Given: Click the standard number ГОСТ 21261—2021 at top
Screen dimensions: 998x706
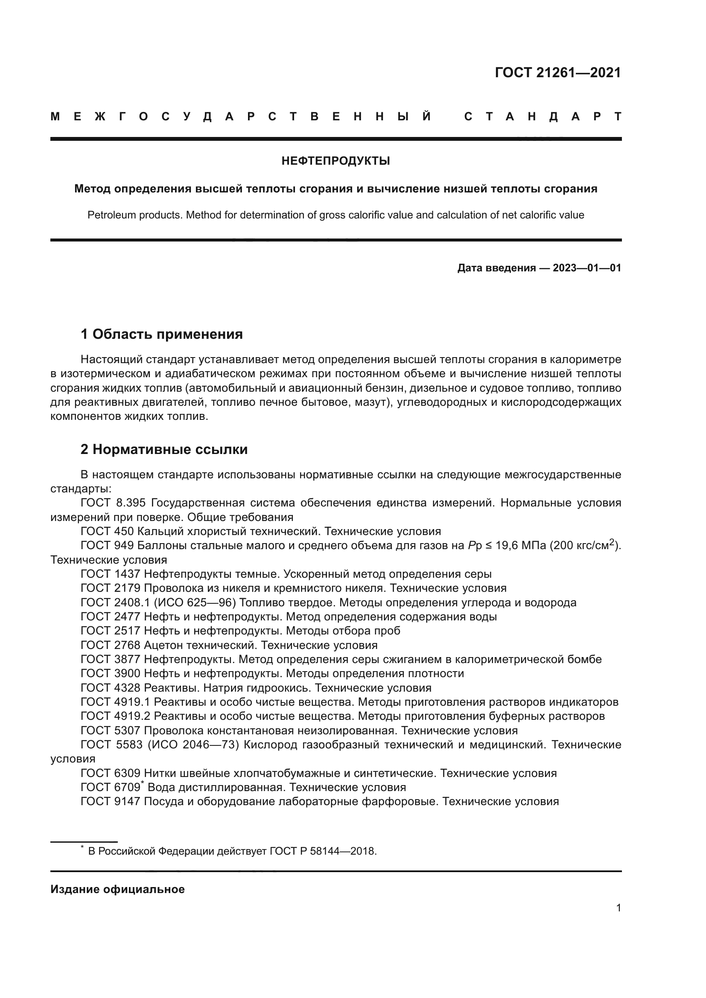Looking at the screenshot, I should pyautogui.click(x=558, y=73).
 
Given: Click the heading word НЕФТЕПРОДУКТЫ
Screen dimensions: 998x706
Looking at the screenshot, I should pyautogui.click(x=335, y=161).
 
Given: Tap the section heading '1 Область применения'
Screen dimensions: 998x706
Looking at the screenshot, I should pyautogui.click(x=162, y=334).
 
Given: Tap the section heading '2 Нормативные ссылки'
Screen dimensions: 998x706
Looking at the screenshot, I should pyautogui.click(x=164, y=449).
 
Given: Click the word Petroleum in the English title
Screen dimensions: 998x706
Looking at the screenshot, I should pyautogui.click(x=113, y=215).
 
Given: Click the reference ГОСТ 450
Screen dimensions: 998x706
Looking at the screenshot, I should pyautogui.click(x=108, y=531).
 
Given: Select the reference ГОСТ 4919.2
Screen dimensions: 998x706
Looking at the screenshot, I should pyautogui.click(x=116, y=716).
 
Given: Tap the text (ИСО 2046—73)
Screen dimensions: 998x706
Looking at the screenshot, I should pyautogui.click(x=193, y=745).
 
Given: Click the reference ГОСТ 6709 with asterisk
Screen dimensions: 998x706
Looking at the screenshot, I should pyautogui.click(x=111, y=788).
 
